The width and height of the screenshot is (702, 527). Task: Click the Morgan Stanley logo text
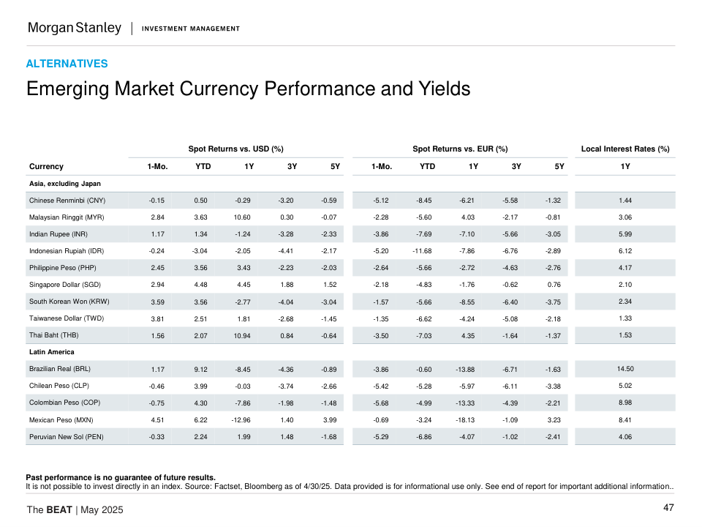click(74, 28)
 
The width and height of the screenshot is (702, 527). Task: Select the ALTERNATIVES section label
click(67, 64)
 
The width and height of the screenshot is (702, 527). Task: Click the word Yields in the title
click(439, 89)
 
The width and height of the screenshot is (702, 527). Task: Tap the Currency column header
click(46, 166)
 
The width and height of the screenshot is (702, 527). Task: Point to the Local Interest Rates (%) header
click(625, 149)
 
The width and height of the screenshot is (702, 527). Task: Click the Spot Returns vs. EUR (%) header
click(460, 149)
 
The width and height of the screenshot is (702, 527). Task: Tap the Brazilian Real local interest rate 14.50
click(625, 369)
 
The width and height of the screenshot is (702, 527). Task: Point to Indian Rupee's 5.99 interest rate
click(625, 233)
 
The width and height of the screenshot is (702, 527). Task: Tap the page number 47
click(668, 508)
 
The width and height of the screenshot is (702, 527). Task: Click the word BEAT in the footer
click(59, 509)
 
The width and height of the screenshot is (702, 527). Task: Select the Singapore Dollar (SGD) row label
click(64, 285)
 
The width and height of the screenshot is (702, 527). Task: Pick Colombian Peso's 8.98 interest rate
click(625, 403)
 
